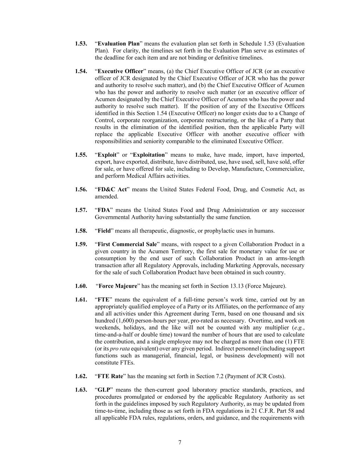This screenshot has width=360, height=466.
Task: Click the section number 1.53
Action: coord(81,44)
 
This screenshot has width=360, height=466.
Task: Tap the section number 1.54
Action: coord(81,71)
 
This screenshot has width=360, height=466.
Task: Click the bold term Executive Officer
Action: coord(120,71)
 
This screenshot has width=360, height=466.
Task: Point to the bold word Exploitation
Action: coord(149,155)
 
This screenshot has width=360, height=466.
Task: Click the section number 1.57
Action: coord(81,210)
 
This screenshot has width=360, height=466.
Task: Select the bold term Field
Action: coord(104,231)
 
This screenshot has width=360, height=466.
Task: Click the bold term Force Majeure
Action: coord(118,286)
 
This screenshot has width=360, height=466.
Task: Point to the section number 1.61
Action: coord(81,300)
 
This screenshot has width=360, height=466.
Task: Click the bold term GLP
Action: coord(103,390)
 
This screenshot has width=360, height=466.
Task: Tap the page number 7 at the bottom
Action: coord(180,443)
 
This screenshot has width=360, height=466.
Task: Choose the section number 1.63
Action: coord(81,390)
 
